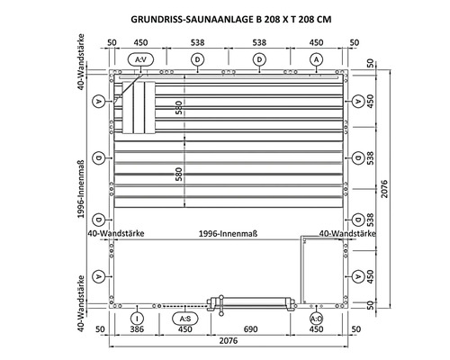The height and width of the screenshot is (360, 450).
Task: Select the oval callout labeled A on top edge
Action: pos(316,58)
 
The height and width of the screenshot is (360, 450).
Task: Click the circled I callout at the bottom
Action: pos(135,319)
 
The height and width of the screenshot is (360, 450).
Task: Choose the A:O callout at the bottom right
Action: pos(316,319)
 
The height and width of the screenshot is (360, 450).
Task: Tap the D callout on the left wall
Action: pos(96,161)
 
